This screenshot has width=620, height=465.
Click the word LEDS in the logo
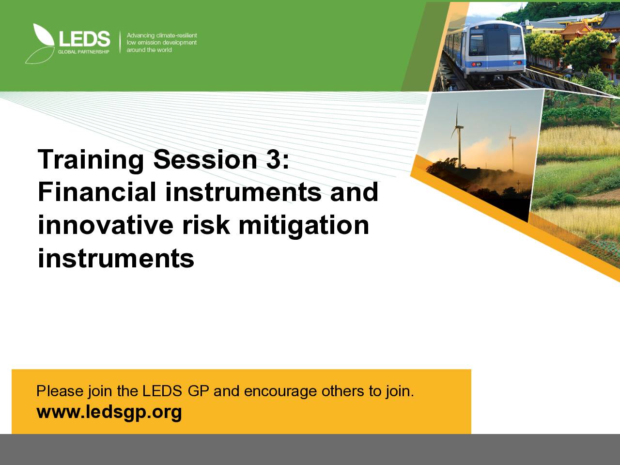(85, 39)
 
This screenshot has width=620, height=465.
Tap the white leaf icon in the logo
(44, 35)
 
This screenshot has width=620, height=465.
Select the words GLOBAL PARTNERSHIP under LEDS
(84, 52)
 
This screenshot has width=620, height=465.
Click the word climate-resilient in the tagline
(176, 35)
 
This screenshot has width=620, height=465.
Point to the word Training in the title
(91, 160)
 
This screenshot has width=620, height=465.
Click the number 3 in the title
(273, 159)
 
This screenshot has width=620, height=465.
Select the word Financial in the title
(97, 192)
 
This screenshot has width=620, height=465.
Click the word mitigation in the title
(304, 226)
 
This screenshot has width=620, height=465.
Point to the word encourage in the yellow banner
(280, 391)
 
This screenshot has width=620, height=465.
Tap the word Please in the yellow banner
(60, 391)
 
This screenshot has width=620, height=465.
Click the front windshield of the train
(496, 42)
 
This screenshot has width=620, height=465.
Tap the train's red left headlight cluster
(477, 64)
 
